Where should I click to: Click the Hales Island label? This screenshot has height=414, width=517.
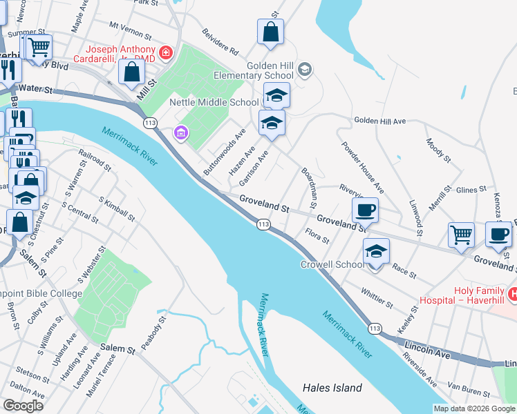[x=332, y=388]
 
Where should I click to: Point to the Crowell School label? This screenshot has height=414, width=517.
[x=332, y=264]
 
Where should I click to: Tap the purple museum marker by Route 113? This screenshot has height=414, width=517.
[x=181, y=132]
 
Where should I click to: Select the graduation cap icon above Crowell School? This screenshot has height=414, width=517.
[x=376, y=250]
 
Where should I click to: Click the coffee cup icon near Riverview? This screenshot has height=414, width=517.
[x=365, y=209]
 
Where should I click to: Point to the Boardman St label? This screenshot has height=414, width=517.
[x=308, y=187]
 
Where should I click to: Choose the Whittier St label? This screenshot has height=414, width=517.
[x=376, y=298]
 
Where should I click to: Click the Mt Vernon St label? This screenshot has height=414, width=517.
[x=131, y=30]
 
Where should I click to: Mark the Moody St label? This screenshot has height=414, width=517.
[x=438, y=150]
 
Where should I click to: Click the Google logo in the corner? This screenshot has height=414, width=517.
[x=23, y=406]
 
